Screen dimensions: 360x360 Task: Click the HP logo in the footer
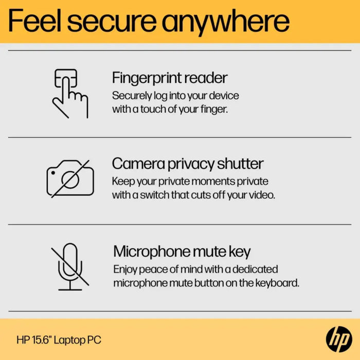pyautogui.click(x=339, y=339)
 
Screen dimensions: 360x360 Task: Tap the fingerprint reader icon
pyautogui.click(x=70, y=93)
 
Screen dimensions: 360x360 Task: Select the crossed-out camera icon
pyautogui.click(x=70, y=178)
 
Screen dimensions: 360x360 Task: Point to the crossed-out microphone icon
pyautogui.click(x=70, y=266)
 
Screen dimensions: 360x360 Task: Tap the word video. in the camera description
pyautogui.click(x=262, y=195)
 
